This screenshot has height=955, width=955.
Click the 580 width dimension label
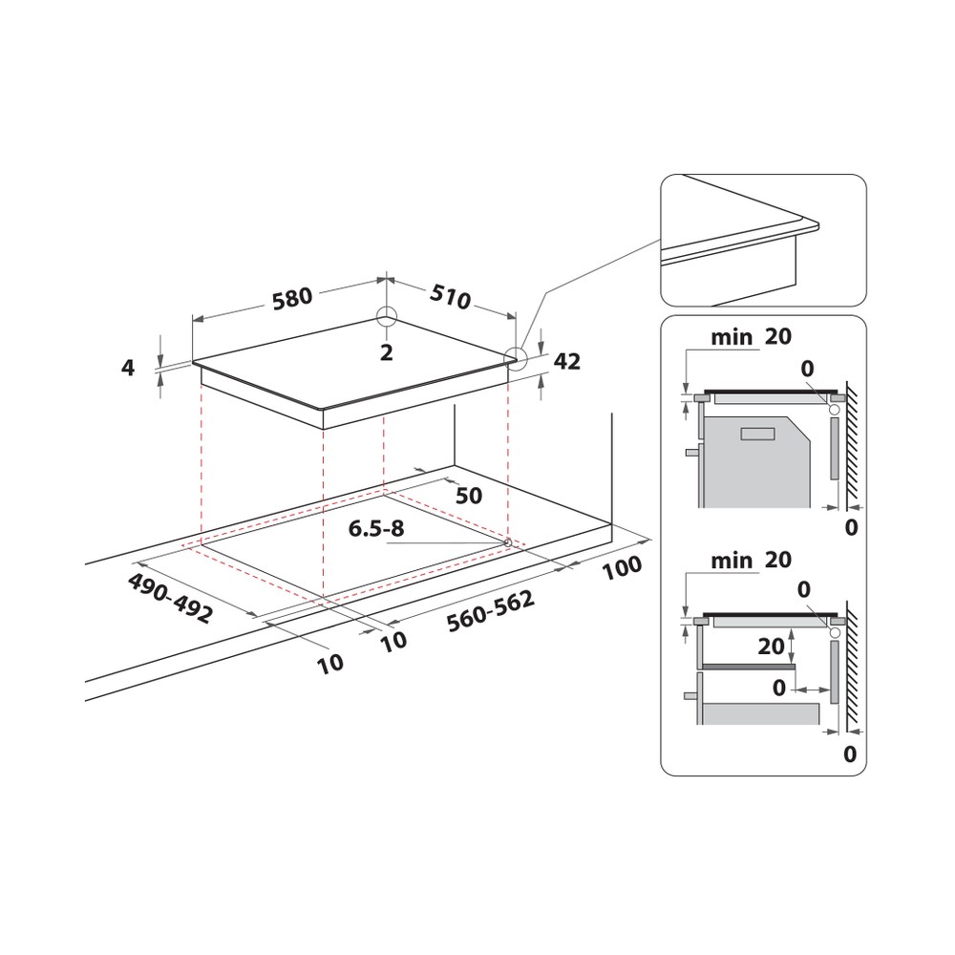coord(292,298)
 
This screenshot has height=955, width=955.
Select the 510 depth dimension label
coord(450,298)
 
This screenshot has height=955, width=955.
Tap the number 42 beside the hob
coord(567,361)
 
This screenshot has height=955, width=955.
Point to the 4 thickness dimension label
coord(129,366)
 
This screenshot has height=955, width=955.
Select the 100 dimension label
coord(623,565)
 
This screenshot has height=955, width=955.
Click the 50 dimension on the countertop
coord(469,496)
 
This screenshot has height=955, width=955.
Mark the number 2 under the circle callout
coord(387,352)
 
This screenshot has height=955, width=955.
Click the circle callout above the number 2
coord(387,318)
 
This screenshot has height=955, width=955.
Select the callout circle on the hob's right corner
coord(516,358)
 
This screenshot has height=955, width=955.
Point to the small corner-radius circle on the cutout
coord(506,543)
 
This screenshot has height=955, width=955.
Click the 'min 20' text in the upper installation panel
coord(751,336)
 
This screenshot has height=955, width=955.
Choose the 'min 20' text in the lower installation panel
coord(751,560)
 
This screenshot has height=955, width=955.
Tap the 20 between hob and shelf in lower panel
coord(771,647)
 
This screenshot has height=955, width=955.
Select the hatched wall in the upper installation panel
coord(852,444)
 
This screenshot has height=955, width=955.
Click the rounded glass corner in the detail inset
coord(812,224)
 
